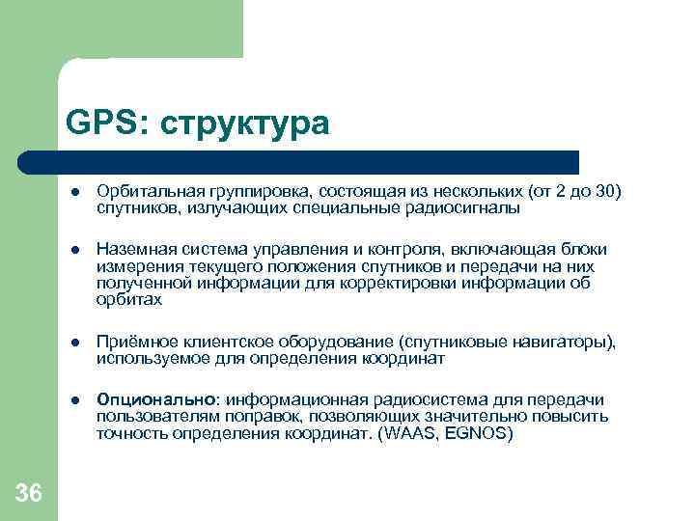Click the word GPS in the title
pos(99,123)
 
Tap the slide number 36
pos(29,494)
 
